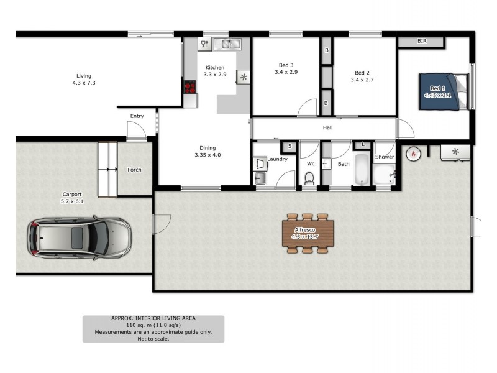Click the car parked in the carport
[x=79, y=237]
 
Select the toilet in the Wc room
[x=309, y=178]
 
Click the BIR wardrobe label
[x=422, y=42]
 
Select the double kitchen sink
[x=227, y=44]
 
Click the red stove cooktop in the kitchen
[x=189, y=88]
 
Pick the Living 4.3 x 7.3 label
[x=83, y=79]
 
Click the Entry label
[x=137, y=116]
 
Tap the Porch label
[x=134, y=170]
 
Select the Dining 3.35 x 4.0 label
[x=207, y=151]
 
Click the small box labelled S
[x=289, y=146]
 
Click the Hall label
[x=327, y=128]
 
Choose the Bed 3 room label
[x=286, y=68]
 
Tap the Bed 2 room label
[x=362, y=76]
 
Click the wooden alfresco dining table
[x=309, y=233]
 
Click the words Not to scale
[x=153, y=339]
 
